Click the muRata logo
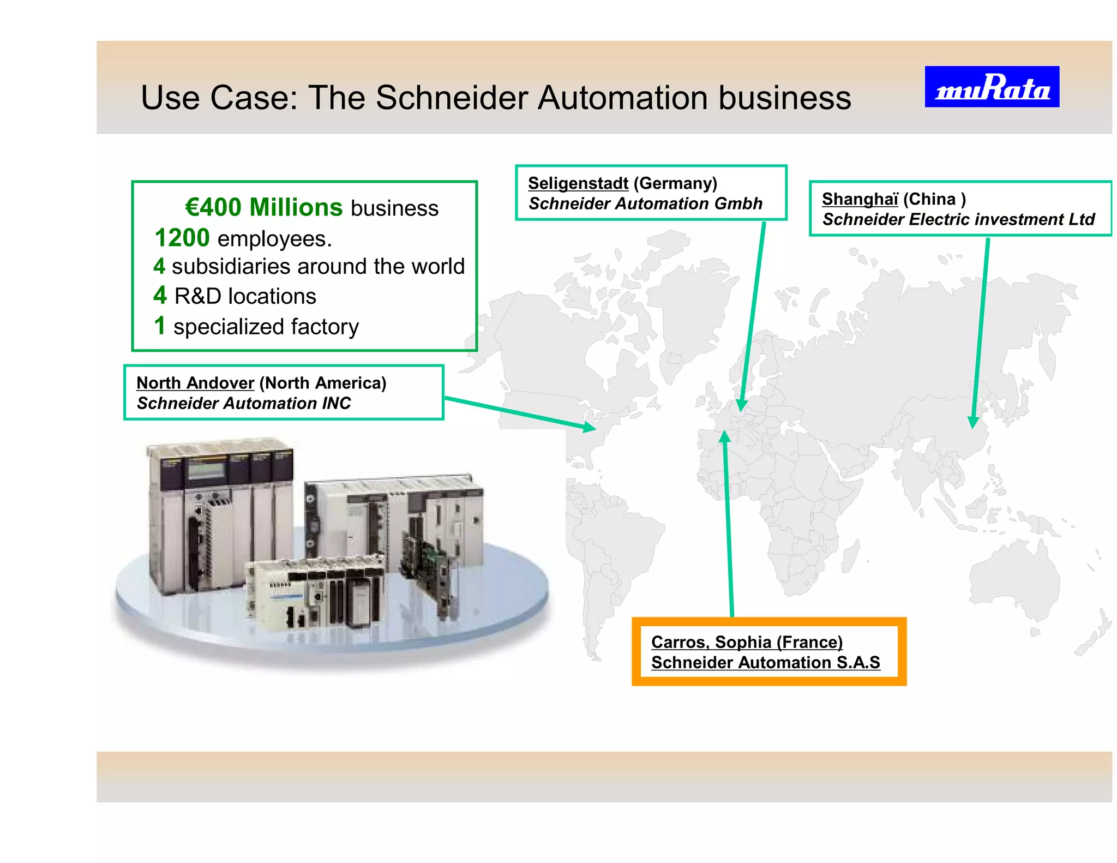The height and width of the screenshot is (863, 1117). [x=992, y=87]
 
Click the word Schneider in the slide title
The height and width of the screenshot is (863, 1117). [x=452, y=98]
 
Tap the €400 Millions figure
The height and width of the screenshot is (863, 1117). [x=263, y=207]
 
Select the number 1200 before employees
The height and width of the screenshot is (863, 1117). [x=182, y=238]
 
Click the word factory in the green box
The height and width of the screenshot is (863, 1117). [x=325, y=327]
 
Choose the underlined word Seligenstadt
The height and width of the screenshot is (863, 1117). [x=578, y=183]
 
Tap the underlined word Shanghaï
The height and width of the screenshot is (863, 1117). [x=860, y=199]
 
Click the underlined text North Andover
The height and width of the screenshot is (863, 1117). [x=195, y=383]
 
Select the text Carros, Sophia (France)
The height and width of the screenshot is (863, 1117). [x=747, y=642]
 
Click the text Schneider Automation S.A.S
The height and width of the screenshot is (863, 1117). [x=765, y=662]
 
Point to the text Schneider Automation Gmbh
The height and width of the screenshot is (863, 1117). [x=645, y=203]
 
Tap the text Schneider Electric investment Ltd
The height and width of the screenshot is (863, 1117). [x=958, y=219]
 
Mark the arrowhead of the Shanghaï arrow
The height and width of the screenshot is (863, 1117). [x=974, y=422]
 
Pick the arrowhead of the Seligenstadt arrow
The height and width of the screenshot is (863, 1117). [x=741, y=405]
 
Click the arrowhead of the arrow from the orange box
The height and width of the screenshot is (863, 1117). [x=724, y=437]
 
